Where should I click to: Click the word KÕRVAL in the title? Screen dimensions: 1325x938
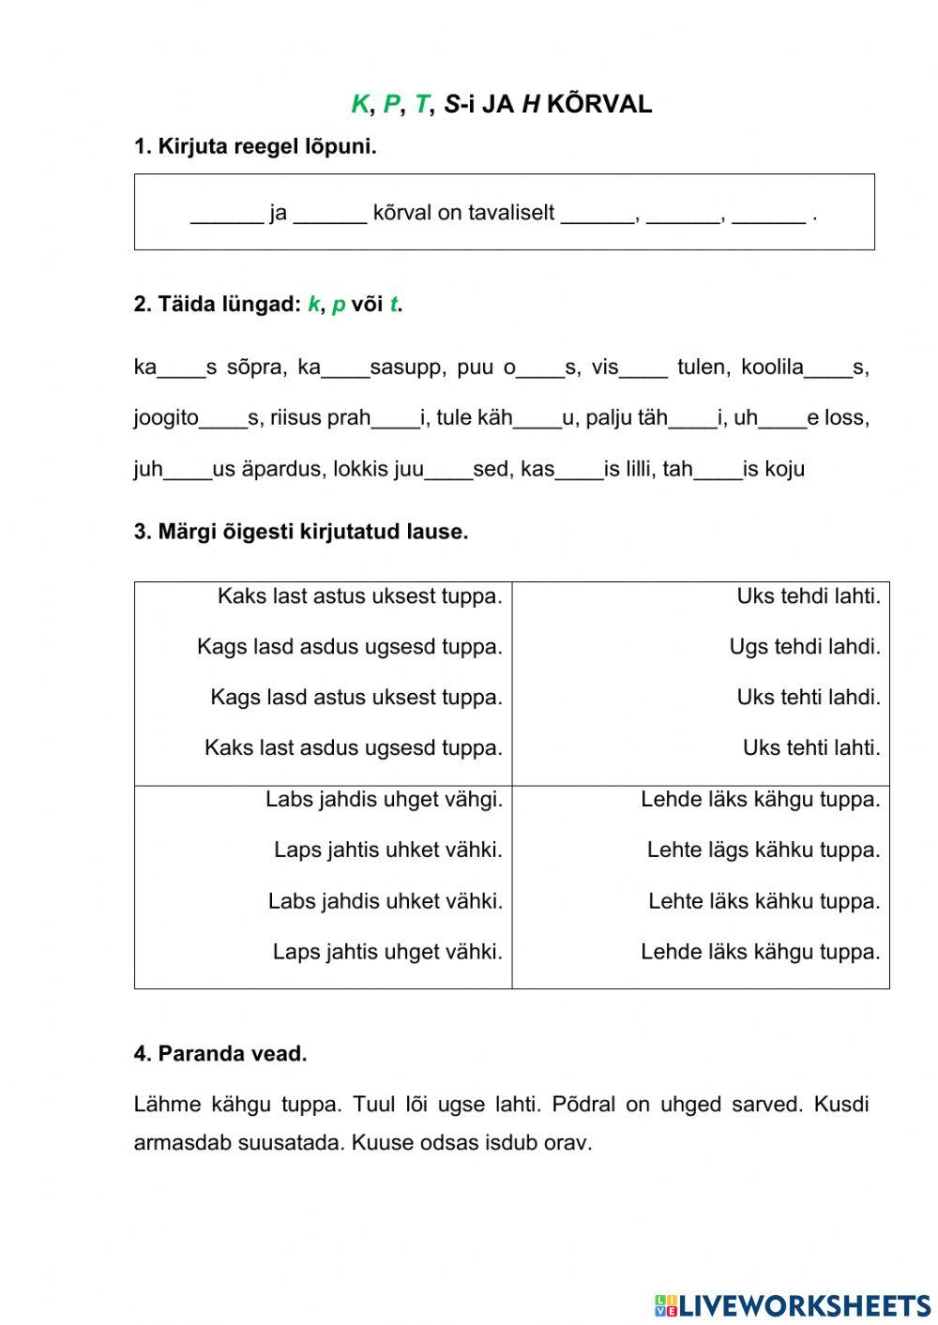pyautogui.click(x=598, y=104)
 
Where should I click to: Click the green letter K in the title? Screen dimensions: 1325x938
pyautogui.click(x=359, y=104)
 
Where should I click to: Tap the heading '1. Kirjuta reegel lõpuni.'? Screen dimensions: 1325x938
pyautogui.click(x=255, y=146)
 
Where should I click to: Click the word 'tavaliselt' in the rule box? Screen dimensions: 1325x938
pyautogui.click(x=510, y=213)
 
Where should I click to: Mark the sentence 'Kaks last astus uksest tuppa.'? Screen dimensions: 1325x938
pyautogui.click(x=359, y=596)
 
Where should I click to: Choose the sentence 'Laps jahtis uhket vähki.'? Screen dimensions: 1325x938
pyautogui.click(x=387, y=851)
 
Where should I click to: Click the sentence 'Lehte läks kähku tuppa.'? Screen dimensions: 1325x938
pyautogui.click(x=764, y=901)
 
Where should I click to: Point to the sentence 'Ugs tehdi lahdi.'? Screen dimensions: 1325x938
pyautogui.click(x=805, y=647)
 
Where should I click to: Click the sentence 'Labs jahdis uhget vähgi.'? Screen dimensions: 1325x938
pyautogui.click(x=384, y=800)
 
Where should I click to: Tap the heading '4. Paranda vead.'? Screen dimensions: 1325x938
pyautogui.click(x=220, y=1054)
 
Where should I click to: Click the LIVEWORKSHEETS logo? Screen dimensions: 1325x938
pyautogui.click(x=793, y=1304)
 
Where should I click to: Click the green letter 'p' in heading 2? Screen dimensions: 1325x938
pyautogui.click(x=339, y=305)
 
